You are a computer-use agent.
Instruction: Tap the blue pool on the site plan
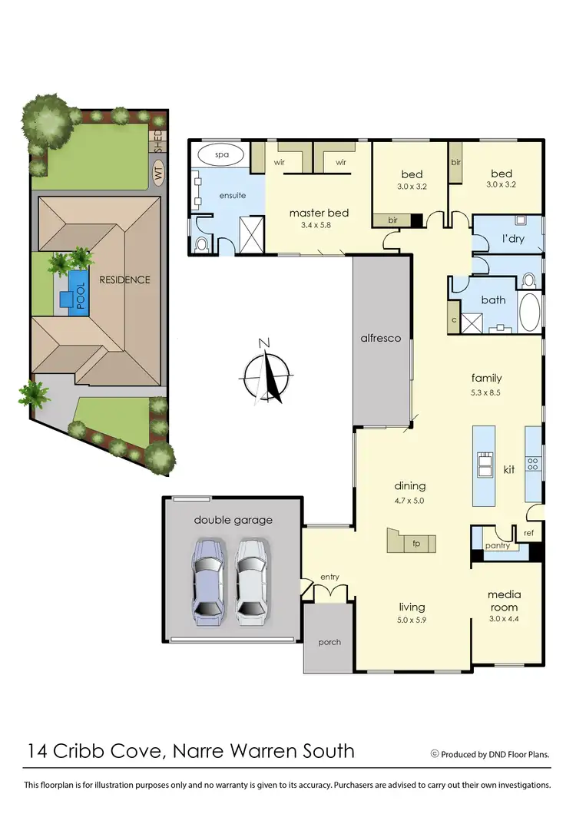tap(78, 291)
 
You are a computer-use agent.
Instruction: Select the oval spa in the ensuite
tap(222, 154)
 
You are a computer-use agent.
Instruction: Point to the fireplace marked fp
tap(415, 542)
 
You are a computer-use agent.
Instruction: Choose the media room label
tap(504, 601)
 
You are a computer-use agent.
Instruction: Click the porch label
tap(329, 642)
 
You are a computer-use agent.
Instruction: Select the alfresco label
tap(382, 338)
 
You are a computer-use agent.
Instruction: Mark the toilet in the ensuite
tap(202, 245)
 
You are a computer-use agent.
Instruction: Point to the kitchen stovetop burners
tap(532, 464)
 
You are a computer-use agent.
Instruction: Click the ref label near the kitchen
tap(528, 532)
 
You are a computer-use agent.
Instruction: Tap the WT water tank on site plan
tap(158, 174)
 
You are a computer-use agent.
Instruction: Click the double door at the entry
tap(331, 591)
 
